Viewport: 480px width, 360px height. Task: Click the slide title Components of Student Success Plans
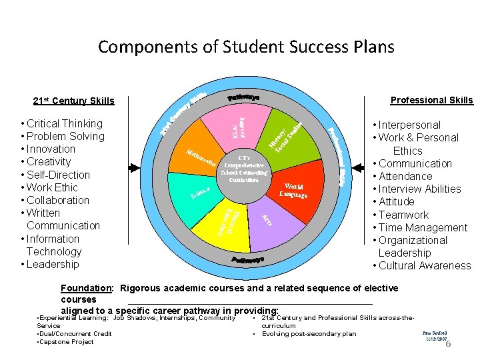(246, 47)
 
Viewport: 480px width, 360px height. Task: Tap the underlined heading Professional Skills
(431, 100)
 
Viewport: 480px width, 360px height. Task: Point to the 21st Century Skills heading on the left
(73, 101)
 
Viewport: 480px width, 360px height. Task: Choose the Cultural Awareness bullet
(424, 265)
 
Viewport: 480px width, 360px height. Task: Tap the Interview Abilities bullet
(419, 189)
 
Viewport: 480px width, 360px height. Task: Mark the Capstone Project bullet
(65, 342)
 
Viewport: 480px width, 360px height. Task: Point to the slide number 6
(448, 344)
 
